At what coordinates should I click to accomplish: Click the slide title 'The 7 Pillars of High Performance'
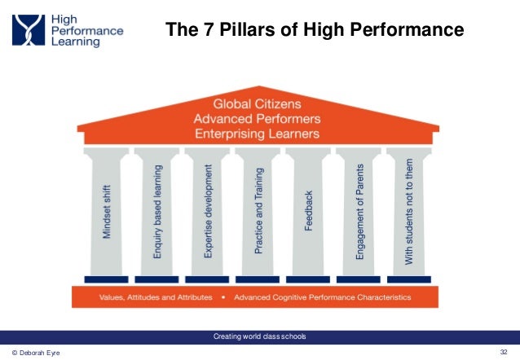point(315,31)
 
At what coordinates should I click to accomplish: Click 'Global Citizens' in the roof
point(258,104)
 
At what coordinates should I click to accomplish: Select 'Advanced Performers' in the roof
point(258,118)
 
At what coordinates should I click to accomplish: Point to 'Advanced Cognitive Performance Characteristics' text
point(322,297)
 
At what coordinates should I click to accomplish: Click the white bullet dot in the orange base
point(223,297)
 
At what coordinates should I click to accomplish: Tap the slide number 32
point(503,351)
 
